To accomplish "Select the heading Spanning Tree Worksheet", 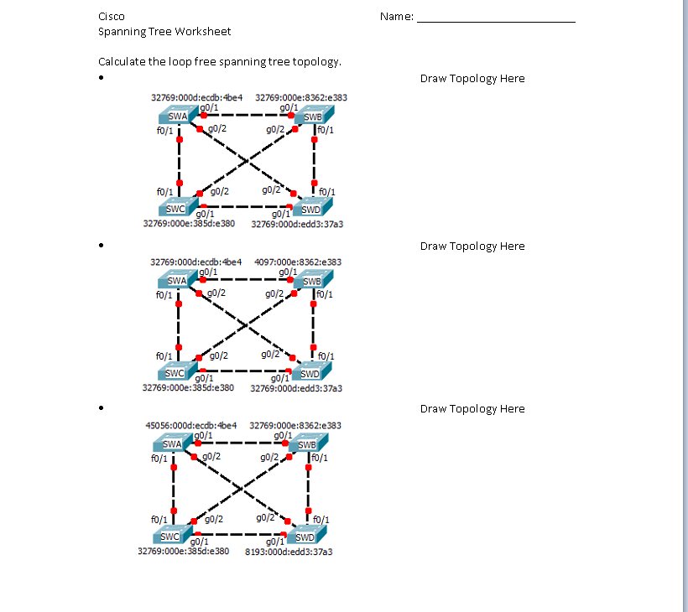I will pyautogui.click(x=164, y=31).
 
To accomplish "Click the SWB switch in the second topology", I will pyautogui.click(x=313, y=281).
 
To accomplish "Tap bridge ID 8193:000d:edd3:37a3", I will pyautogui.click(x=289, y=552).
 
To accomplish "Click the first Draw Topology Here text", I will pyautogui.click(x=472, y=78).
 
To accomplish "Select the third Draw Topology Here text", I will pyautogui.click(x=472, y=408).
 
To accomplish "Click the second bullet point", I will pyautogui.click(x=101, y=246).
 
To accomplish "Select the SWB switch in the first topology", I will pyautogui.click(x=313, y=117).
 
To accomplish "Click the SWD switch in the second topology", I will pyautogui.click(x=309, y=372).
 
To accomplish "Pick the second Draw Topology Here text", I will pyautogui.click(x=472, y=246).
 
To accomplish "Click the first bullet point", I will pyautogui.click(x=101, y=79).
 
